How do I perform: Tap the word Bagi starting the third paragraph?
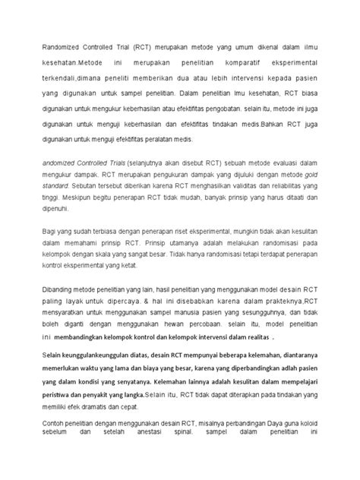pyautogui.click(x=49, y=230)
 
